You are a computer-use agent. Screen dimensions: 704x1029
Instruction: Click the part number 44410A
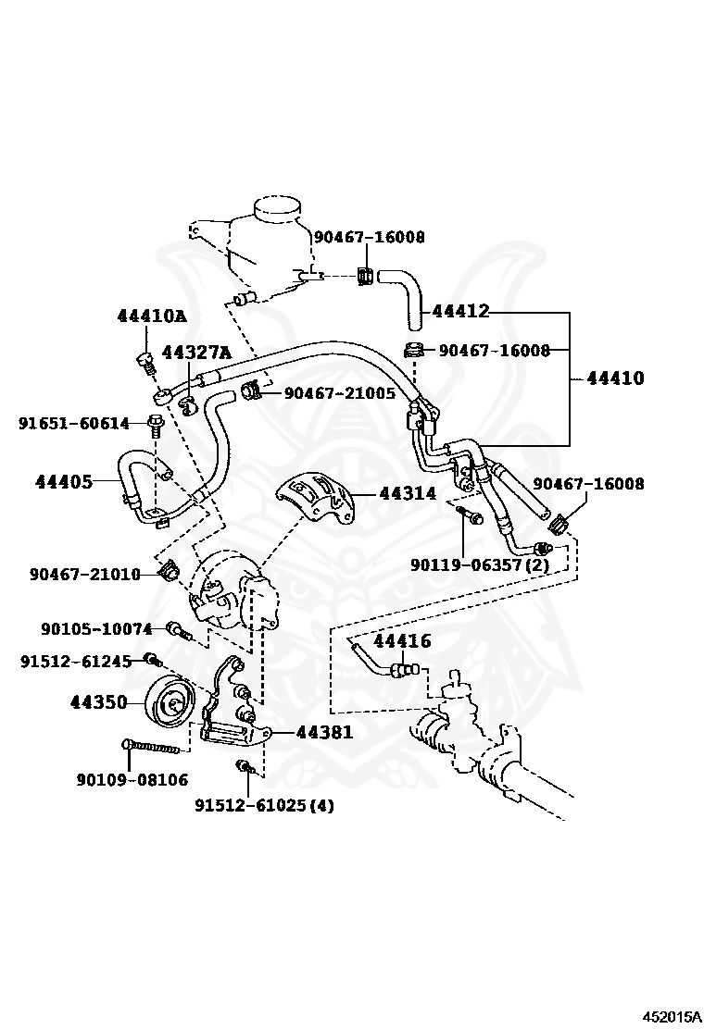[152, 316]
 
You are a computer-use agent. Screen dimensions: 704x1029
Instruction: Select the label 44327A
[196, 353]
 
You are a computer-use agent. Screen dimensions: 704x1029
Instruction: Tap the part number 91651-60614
[73, 424]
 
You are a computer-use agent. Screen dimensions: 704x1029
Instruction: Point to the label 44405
[63, 482]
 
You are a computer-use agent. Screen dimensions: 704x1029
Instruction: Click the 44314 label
[408, 492]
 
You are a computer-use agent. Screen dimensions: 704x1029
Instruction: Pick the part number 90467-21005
[340, 393]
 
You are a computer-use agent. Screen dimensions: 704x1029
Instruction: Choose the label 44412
[461, 311]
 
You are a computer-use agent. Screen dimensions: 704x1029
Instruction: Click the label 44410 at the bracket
[615, 378]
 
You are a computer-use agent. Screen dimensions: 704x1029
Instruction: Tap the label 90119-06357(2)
[480, 564]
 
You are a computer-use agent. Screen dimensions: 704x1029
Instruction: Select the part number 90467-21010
[84, 575]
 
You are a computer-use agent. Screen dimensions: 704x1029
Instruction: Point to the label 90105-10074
[96, 628]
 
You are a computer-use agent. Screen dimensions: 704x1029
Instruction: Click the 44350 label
[98, 703]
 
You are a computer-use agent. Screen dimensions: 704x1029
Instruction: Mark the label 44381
[324, 732]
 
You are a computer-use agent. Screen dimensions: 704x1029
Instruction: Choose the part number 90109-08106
[132, 780]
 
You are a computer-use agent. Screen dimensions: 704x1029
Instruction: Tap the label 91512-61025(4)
[264, 804]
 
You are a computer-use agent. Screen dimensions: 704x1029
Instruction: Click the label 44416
[402, 640]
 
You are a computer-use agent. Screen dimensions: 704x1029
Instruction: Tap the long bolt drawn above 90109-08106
[151, 746]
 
